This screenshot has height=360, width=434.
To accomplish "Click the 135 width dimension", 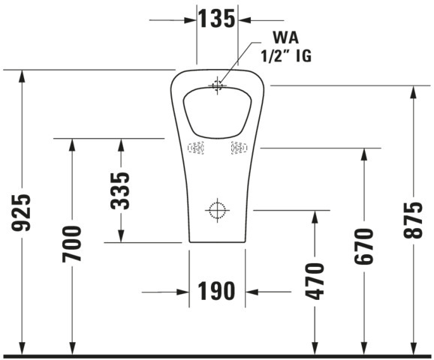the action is [217, 19].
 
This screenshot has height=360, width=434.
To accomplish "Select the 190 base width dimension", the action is [216, 291].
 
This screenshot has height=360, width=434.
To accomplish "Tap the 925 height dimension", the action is [21, 212].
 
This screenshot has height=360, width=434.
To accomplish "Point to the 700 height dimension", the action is [72, 244].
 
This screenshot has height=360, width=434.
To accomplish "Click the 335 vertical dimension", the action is [120, 190].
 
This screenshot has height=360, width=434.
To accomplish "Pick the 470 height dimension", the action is [314, 281].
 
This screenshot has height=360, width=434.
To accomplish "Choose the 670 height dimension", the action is [364, 246].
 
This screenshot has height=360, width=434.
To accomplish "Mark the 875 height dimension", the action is [413, 220].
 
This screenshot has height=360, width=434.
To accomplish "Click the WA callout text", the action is [286, 37].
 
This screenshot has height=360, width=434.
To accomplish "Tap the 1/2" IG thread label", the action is [286, 55].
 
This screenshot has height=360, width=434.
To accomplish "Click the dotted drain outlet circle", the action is [217, 210].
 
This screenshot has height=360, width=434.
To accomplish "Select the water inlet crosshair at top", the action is [217, 85].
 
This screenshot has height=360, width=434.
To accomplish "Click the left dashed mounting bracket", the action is [196, 148].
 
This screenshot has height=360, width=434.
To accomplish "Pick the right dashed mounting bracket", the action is [239, 148].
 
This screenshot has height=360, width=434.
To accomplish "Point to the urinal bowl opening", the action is [217, 112].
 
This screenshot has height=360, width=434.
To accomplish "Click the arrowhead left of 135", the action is [191, 20].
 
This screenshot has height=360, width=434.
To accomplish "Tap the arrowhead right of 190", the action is [252, 292].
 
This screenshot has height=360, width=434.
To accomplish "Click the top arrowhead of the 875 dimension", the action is [413, 92].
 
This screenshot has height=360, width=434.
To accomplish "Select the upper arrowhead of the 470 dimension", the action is [315, 217].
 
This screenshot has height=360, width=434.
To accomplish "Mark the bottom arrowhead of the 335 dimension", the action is [120, 236].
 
